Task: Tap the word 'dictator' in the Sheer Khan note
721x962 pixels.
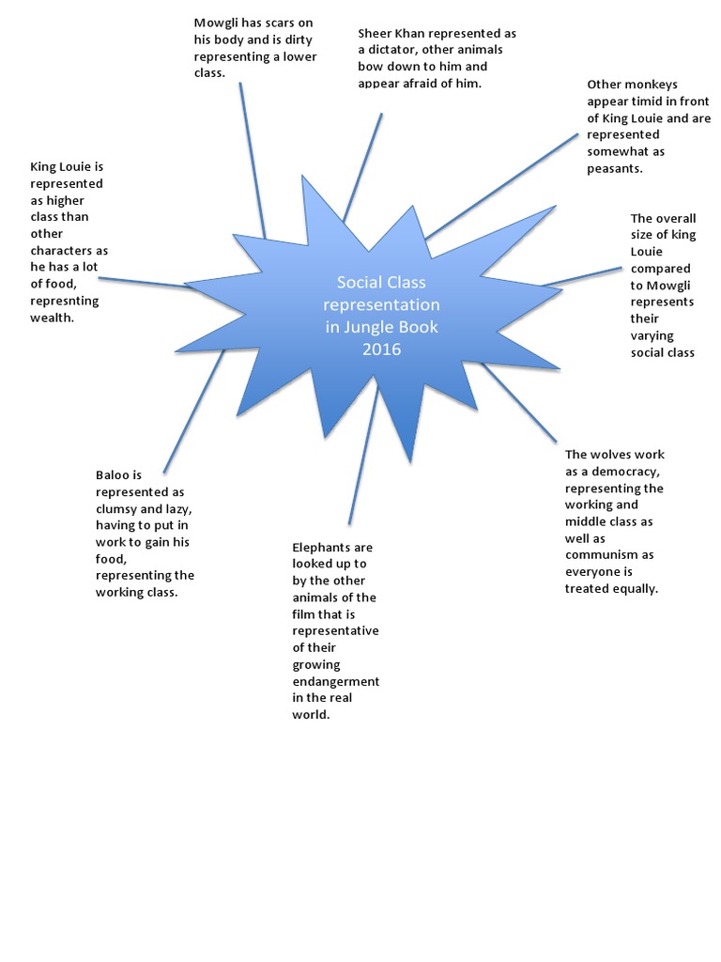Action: (393, 50)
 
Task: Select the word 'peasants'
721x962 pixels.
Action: (615, 169)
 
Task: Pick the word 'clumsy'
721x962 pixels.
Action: (119, 508)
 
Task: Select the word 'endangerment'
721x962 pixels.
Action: (335, 681)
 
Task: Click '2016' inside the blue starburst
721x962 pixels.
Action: (381, 349)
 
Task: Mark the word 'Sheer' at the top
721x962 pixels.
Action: (376, 33)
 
